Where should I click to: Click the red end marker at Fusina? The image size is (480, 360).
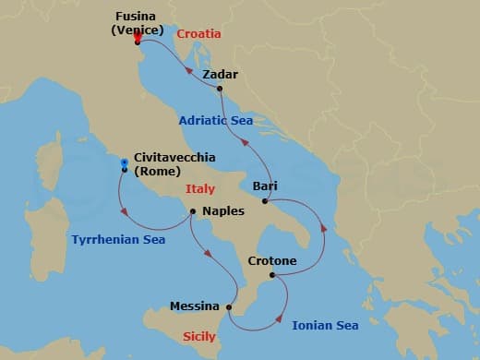tap(137, 36)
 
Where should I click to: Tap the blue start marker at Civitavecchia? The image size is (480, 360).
tap(124, 162)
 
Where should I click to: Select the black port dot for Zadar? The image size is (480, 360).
tap(220, 89)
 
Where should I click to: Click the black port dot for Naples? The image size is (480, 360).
tap(192, 211)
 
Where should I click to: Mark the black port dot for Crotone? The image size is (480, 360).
tap(271, 275)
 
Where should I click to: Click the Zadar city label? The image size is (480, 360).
tap(220, 74)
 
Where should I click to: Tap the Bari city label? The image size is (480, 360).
tap(265, 186)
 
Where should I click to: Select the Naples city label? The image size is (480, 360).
tap(222, 211)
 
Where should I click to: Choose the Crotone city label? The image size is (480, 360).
tap(272, 261)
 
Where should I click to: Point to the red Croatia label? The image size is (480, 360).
tap(198, 34)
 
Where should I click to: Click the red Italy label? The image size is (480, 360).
tap(199, 189)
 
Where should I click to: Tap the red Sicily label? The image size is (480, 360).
tap(199, 337)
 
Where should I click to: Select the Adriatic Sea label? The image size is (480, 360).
tap(216, 119)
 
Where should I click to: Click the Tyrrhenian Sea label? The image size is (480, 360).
tap(118, 240)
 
